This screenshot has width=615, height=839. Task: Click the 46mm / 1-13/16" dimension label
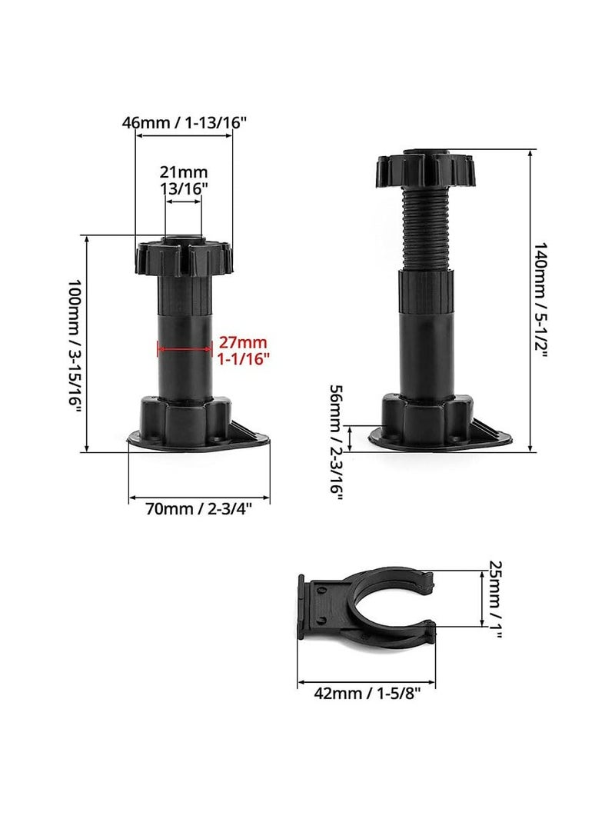point(184,122)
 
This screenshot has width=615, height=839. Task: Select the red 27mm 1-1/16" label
point(244,350)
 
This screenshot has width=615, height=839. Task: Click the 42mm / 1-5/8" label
point(366,694)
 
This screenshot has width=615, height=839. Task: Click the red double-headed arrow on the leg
point(184,349)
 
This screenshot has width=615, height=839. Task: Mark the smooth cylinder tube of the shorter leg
point(184,361)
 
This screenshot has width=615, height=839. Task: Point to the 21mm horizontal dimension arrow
point(184,201)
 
